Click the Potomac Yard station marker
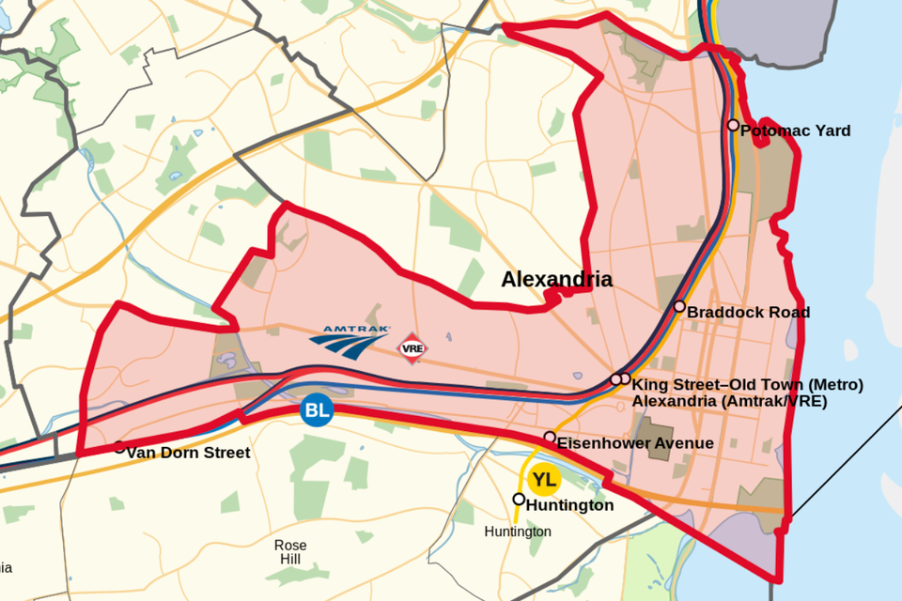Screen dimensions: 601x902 [733, 125]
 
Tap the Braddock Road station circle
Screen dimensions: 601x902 [679, 306]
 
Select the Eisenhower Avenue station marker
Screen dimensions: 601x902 [550, 437]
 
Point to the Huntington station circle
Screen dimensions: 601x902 [519, 499]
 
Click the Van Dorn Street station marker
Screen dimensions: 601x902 [119, 447]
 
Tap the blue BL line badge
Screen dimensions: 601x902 [317, 410]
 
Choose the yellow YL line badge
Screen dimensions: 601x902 [544, 481]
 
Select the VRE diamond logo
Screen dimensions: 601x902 [412, 347]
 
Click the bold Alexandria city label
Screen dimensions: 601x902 [556, 279]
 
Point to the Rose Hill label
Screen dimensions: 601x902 [290, 552]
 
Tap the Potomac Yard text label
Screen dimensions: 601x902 [795, 131]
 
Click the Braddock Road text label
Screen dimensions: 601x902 [748, 312]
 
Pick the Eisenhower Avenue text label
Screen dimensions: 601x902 [635, 443]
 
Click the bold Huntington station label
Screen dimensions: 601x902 [569, 505]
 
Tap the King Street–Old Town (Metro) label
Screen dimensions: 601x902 [747, 384]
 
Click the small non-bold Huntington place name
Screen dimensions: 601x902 [518, 532]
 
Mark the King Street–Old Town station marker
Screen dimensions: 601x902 [616, 379]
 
